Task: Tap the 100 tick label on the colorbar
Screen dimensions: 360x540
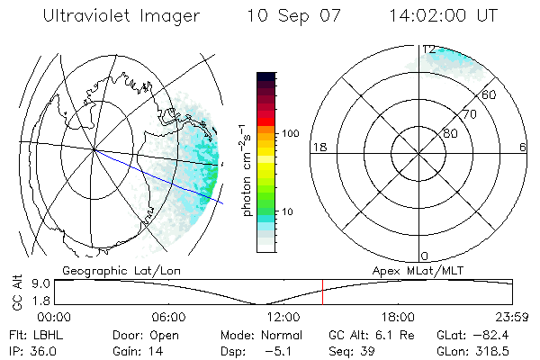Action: (290, 133)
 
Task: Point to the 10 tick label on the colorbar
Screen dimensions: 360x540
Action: (287, 212)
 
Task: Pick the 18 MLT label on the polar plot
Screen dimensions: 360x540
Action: (318, 147)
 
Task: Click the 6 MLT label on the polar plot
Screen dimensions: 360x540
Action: (524, 147)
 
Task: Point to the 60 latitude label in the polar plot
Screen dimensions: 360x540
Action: (489, 94)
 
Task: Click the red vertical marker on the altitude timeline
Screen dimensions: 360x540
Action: (322, 293)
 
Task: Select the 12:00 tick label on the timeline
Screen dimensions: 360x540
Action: (283, 317)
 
